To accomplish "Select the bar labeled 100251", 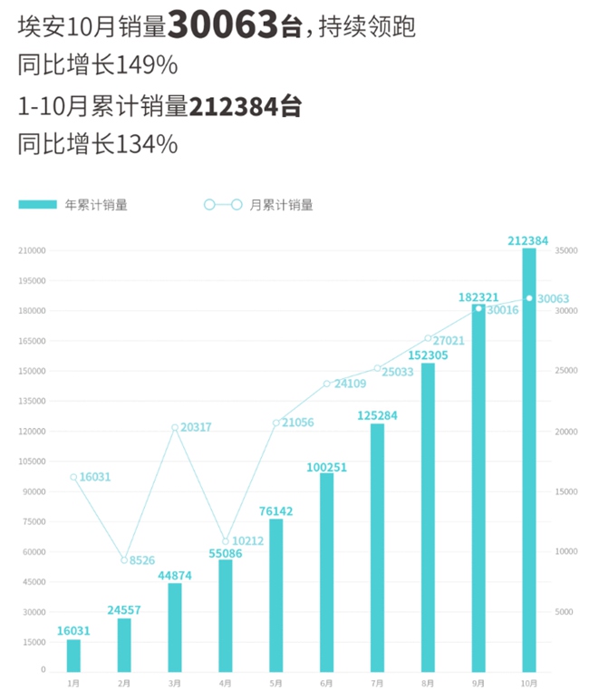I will pos(326,571).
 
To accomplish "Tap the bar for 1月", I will pos(73,655).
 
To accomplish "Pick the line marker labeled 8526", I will pos(124,560).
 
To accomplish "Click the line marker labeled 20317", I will pos(175,428).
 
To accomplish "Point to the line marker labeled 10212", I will pos(226,541).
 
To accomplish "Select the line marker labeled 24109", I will pos(326,384).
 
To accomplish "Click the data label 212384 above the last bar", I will pos(529,240).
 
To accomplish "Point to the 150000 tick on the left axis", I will pos(34,371).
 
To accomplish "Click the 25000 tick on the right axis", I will pos(565,371).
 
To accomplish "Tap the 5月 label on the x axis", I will pos(275,682).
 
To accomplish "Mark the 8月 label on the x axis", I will pos(428,682).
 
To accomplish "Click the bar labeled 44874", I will pos(175,627).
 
